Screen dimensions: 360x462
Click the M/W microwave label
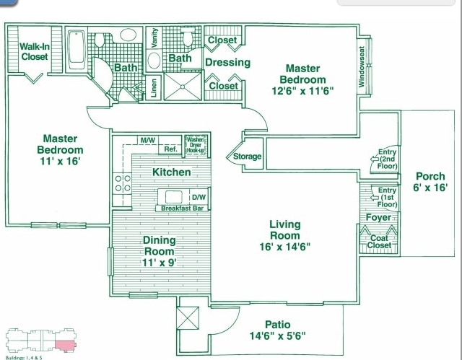[148, 139]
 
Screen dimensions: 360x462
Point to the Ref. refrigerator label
[171, 149]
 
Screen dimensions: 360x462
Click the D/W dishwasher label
[199, 197]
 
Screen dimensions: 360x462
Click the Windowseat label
[362, 67]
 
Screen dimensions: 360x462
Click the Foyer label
[378, 217]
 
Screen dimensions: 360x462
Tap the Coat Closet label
[380, 242]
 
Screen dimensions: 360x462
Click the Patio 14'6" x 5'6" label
[276, 330]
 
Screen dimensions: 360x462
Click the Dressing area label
[227, 62]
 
